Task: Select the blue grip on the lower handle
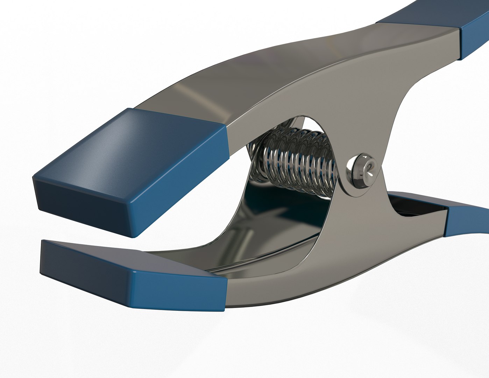467,220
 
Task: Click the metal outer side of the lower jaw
280,290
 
